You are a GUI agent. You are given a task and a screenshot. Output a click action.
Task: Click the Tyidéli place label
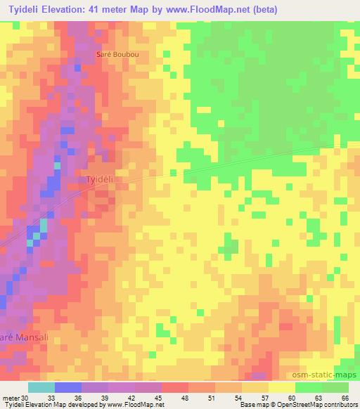[100, 179]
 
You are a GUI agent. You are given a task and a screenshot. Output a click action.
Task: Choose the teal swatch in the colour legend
[41, 387]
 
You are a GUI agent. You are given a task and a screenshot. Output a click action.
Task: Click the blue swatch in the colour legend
[68, 387]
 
